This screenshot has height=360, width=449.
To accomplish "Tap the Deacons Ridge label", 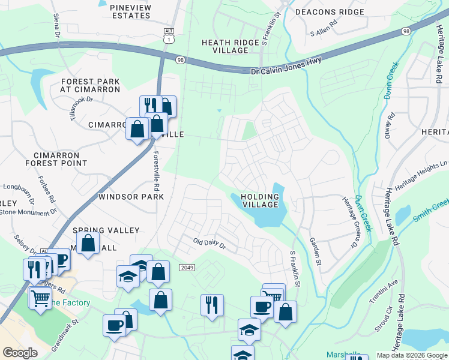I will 335,12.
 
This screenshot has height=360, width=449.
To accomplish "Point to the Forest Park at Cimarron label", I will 90,85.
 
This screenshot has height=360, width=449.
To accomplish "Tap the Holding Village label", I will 260,200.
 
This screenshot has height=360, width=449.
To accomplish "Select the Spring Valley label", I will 106,230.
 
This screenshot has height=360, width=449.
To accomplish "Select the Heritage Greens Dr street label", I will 349,223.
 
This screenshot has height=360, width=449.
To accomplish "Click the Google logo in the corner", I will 20,352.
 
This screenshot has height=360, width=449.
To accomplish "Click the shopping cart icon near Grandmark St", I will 40,297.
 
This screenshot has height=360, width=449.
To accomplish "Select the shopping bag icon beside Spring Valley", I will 88,244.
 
